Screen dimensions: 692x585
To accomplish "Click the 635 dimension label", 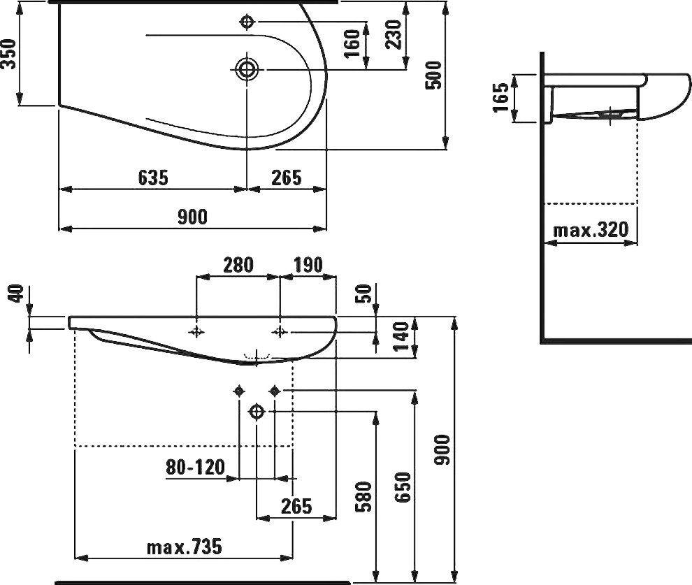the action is (x=153, y=178).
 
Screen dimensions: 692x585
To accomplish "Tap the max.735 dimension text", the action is (x=184, y=547).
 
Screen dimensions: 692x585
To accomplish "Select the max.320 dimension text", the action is (x=591, y=229).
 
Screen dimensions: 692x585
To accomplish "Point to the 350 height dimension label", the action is (x=8, y=54).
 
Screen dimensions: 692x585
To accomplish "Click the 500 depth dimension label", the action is (x=434, y=75).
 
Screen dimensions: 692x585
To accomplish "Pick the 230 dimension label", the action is (x=394, y=34).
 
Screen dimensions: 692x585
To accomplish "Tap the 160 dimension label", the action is (x=352, y=43).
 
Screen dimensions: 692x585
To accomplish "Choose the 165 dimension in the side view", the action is (x=501, y=98).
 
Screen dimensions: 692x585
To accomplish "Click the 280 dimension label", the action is (x=238, y=265).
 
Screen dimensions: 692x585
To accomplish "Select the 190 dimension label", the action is (x=308, y=265).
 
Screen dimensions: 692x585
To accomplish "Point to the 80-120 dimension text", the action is (x=196, y=467).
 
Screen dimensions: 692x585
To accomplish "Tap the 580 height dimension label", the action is (x=364, y=497).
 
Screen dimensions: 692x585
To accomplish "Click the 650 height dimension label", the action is (x=403, y=487).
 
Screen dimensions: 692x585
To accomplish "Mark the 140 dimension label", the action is (x=401, y=337).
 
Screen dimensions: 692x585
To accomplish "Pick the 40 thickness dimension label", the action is (x=16, y=294).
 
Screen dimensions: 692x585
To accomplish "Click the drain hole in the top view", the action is (x=246, y=69).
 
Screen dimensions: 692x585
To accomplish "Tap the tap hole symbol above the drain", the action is (x=247, y=22).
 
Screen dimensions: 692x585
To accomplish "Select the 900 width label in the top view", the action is (x=192, y=217).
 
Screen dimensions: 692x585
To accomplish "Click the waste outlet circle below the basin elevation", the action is (x=257, y=412).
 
